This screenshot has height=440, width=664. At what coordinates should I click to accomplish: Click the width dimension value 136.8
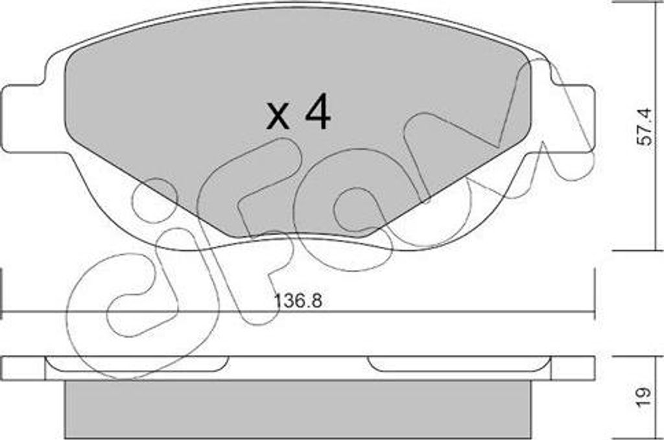[299, 301]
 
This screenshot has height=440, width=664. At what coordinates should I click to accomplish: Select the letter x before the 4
[278, 117]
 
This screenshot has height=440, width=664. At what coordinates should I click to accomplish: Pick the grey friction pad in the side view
[298, 408]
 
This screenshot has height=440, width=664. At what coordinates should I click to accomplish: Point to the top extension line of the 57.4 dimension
[635, 3]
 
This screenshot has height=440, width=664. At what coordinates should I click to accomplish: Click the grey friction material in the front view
[195, 117]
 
